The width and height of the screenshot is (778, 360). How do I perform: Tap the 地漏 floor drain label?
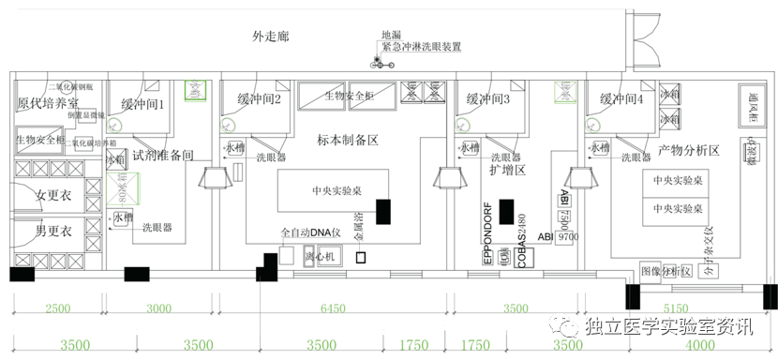[x=391, y=35]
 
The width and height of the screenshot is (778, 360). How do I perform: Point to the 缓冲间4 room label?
[x=621, y=98]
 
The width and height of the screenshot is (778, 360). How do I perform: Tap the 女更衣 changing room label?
[x=54, y=196]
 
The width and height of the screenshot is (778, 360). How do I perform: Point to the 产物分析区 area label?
[x=688, y=150]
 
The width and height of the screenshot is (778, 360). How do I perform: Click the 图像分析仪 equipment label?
[x=665, y=272]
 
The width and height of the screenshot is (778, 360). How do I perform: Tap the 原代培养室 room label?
[x=48, y=103]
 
